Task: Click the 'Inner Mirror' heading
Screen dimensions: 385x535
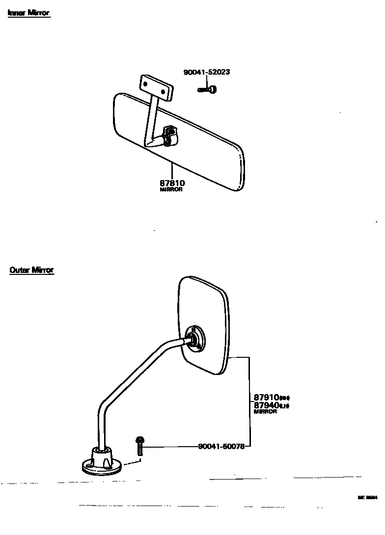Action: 28,13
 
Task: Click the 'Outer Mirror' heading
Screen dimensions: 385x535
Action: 31,270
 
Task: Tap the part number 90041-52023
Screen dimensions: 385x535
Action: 207,72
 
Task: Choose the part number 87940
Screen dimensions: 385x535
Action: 266,405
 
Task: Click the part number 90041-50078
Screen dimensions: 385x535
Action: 221,447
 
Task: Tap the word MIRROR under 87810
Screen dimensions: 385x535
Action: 171,189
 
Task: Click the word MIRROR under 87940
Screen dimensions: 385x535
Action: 265,412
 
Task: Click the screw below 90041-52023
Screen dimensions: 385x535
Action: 208,89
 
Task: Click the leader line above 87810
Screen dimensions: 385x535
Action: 172,169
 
